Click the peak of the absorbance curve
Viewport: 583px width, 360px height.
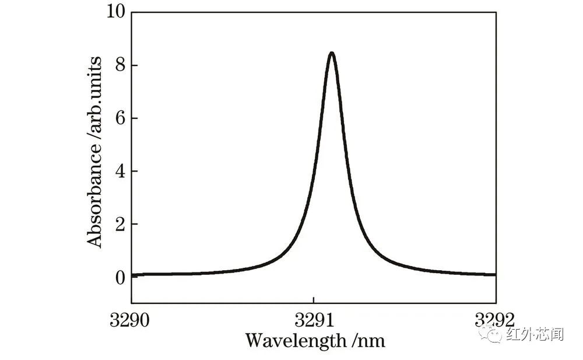331,53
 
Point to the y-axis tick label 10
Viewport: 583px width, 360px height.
115,12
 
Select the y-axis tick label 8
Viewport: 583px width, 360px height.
120,65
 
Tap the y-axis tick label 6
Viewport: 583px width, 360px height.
120,118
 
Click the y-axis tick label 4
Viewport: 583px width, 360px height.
120,172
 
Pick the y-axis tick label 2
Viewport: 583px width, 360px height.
120,225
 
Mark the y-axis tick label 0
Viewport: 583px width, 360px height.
120,277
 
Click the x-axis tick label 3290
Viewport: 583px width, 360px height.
132,320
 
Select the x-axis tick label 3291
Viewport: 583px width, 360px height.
314,320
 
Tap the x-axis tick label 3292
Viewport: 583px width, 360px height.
495,320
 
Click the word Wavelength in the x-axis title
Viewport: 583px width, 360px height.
295,340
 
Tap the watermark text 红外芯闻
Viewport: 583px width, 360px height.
535,334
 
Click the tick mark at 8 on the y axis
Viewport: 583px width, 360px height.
134,65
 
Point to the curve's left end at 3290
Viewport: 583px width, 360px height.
133,275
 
